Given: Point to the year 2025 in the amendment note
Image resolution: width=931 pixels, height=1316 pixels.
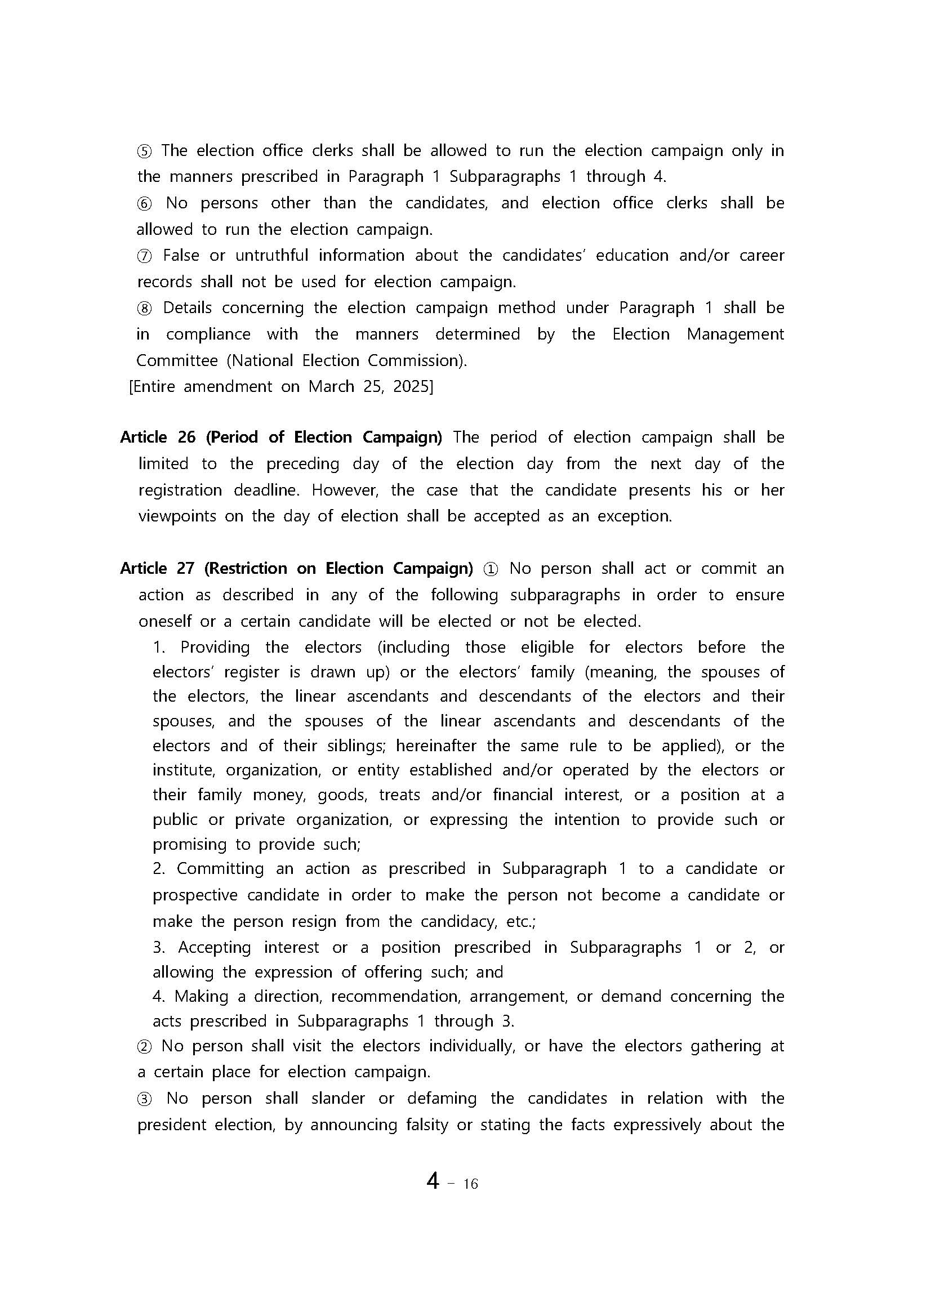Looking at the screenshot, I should coord(411,387).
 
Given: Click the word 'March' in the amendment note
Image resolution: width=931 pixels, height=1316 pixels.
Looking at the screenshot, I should coord(331,387).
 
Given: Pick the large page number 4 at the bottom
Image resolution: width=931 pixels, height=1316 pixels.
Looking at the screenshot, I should coord(434,1181).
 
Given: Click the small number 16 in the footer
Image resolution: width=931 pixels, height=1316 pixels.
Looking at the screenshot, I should coord(470,1184).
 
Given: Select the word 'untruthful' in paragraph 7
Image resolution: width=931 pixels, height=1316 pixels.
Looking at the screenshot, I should coord(271,256).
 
